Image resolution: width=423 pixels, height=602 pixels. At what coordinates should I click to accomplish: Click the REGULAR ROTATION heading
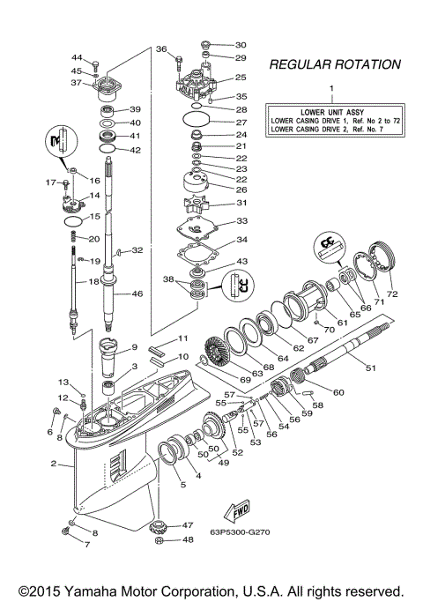tap(334, 64)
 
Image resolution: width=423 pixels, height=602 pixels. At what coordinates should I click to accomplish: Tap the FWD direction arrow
tap(236, 512)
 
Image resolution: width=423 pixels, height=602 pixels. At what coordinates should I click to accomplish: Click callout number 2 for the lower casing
tap(54, 464)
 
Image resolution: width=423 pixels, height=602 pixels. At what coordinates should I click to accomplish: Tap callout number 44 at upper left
tap(77, 57)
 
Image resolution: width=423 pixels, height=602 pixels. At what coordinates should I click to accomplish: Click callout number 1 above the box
tap(332, 89)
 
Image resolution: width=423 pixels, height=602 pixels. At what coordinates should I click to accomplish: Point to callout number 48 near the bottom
tap(188, 540)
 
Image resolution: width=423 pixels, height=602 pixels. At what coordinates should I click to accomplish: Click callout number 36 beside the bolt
tap(161, 49)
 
